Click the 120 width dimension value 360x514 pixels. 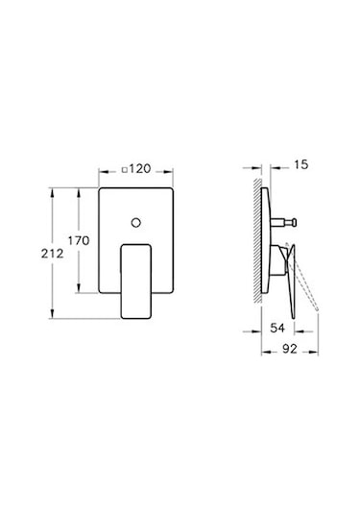coord(140,169)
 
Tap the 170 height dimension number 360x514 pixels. coord(79,240)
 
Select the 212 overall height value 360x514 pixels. coord(53,254)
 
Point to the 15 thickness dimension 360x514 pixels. coord(301,164)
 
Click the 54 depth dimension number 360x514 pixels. coord(277,328)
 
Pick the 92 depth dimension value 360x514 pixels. coord(290,349)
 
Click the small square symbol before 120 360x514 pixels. coord(125,170)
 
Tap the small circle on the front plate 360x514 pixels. coord(136,223)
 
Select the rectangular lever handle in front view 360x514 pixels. coord(136,281)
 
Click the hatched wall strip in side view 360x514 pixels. coord(258,240)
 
